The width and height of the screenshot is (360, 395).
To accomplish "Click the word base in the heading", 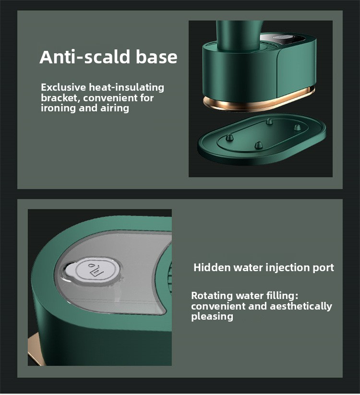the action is [156, 57].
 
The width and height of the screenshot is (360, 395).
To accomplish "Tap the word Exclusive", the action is [63, 87].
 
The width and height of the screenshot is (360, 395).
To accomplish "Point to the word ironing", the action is [58, 108].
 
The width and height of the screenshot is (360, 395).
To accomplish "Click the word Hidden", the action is [212, 267].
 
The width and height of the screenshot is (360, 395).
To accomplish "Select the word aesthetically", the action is [301, 306].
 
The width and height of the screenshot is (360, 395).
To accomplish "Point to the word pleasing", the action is [212, 317].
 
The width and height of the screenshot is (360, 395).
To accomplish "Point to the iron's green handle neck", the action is [236, 35].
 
